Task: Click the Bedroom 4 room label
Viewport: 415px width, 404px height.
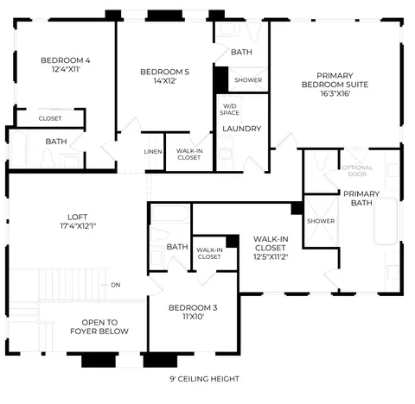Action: (x=66, y=60)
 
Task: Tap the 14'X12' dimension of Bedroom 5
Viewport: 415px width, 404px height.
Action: (x=165, y=81)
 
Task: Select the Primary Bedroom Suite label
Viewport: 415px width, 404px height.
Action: (x=335, y=80)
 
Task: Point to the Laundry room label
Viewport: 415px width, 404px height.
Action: (x=242, y=129)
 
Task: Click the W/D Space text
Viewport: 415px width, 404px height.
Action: (x=229, y=110)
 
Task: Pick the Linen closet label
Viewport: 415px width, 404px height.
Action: (x=153, y=152)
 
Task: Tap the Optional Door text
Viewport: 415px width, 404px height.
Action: (x=357, y=171)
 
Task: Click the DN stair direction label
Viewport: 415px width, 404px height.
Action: (x=116, y=285)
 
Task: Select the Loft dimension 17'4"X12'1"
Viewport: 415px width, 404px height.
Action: (x=78, y=226)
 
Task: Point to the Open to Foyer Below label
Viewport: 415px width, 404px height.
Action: (x=99, y=327)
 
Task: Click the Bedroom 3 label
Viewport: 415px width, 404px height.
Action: (x=193, y=308)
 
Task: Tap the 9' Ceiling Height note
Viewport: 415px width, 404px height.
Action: (x=204, y=379)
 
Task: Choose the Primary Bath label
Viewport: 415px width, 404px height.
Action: (x=361, y=199)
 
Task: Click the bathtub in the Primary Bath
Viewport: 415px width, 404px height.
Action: (x=386, y=221)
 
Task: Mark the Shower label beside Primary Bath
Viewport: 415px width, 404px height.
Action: (x=321, y=221)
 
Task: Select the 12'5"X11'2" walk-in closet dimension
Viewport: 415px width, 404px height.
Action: (x=271, y=256)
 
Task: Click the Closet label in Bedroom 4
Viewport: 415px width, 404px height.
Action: (x=50, y=118)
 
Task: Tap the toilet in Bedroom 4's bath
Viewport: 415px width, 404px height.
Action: (x=48, y=158)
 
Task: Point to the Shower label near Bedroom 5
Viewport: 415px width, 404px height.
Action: (x=248, y=80)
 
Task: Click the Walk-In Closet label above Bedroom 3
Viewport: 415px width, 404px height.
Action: (x=209, y=254)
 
